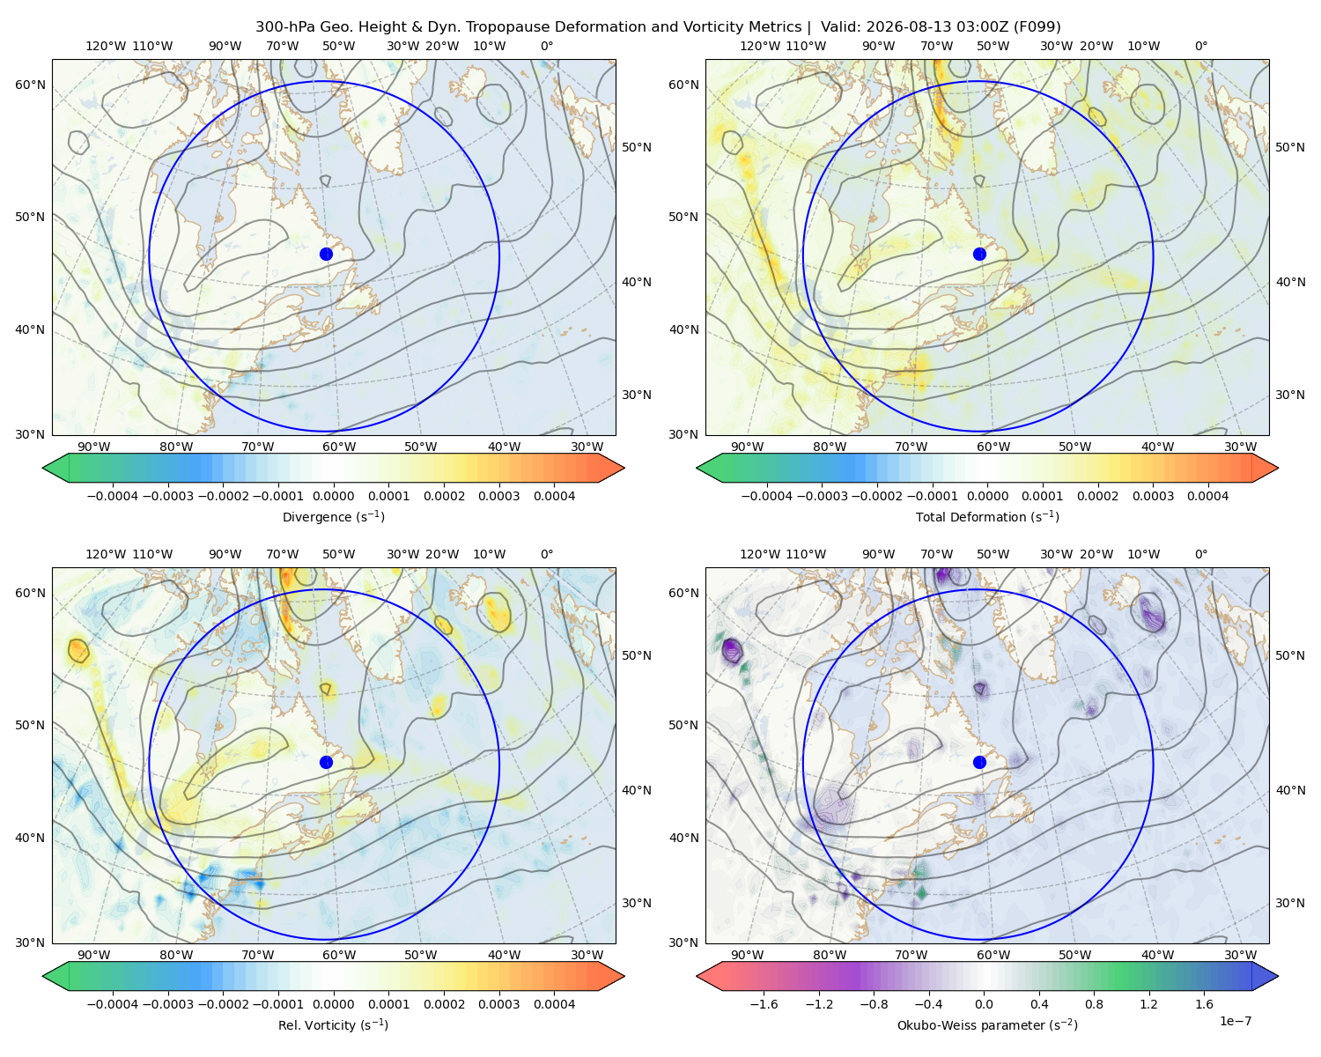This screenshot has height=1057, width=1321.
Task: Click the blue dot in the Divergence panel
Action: pos(326,255)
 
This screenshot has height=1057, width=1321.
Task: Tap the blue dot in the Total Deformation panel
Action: pos(979,255)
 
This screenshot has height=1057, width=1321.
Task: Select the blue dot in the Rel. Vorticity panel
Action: pos(326,762)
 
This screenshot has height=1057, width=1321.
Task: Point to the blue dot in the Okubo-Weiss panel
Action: pos(979,762)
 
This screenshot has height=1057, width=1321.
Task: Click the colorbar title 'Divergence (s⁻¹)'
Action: pos(333,517)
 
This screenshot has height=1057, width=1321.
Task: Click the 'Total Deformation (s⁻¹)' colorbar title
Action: pos(987,517)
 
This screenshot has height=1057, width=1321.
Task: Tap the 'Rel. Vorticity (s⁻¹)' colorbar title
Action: pos(333,1025)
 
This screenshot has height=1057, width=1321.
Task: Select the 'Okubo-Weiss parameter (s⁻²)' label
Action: pos(987,1025)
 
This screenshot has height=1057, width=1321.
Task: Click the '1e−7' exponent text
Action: pos(1235,1021)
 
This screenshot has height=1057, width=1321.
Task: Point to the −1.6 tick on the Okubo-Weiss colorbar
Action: pos(764,1004)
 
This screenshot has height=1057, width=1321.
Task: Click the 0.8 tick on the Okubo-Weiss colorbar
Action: pos(1094,1004)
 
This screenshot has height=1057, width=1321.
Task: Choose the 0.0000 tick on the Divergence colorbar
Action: pos(333,496)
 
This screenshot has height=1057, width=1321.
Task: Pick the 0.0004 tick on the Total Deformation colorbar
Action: pos(1208,496)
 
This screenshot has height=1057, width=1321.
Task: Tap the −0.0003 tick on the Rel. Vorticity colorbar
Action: pos(167,1004)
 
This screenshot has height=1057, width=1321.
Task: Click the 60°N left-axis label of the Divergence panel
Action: pos(30,85)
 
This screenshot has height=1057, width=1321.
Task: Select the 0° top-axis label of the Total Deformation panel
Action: pos(1200,46)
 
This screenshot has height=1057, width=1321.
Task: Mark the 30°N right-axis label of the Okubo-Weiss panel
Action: pos(1290,903)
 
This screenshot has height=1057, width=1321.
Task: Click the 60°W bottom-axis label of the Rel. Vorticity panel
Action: pos(339,955)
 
